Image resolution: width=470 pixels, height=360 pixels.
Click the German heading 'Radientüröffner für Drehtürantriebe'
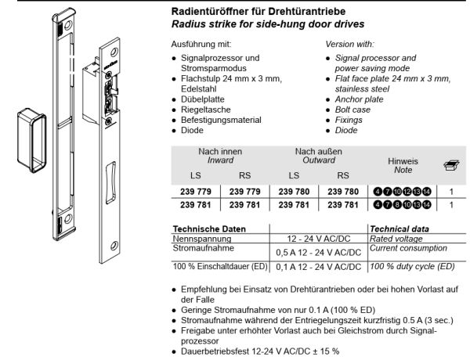[258, 12]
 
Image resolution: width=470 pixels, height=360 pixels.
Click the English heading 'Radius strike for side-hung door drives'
[268, 24]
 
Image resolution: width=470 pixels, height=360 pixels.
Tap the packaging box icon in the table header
[451, 165]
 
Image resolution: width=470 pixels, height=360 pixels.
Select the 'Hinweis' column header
[403, 161]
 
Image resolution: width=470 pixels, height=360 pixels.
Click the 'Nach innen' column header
[220, 151]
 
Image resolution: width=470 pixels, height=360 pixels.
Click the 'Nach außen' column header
[318, 151]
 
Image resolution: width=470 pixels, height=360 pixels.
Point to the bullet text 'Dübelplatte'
[203, 99]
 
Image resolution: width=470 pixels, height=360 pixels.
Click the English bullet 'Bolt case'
[352, 110]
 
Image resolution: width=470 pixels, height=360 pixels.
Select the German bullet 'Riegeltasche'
[205, 110]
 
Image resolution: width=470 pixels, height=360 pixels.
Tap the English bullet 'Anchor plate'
[359, 99]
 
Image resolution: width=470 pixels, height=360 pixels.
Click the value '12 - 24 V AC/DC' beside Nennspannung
[319, 239]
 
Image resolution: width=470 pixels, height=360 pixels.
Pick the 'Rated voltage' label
[396, 239]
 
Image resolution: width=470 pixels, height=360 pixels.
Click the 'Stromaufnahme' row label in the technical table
[203, 248]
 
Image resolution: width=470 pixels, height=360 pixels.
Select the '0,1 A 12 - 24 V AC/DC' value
[319, 267]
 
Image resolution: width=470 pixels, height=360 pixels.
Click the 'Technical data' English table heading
[399, 229]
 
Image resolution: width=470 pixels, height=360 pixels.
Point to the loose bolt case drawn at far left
[32, 140]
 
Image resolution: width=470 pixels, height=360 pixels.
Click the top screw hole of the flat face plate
[114, 52]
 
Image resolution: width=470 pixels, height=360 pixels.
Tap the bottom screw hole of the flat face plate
[114, 246]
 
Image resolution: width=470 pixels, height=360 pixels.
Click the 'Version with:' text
[350, 45]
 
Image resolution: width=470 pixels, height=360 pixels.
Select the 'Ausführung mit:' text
[201, 45]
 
